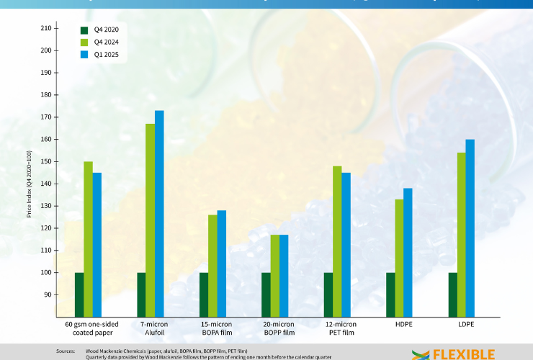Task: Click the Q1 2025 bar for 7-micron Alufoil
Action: click(159, 213)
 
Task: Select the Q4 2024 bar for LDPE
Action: click(462, 234)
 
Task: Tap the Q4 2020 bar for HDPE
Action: click(391, 294)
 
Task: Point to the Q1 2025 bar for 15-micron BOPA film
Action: click(222, 264)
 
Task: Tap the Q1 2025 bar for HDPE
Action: click(408, 252)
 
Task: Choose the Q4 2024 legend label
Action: click(107, 42)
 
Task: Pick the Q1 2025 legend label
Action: click(107, 54)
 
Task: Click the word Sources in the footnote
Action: click(66, 351)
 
